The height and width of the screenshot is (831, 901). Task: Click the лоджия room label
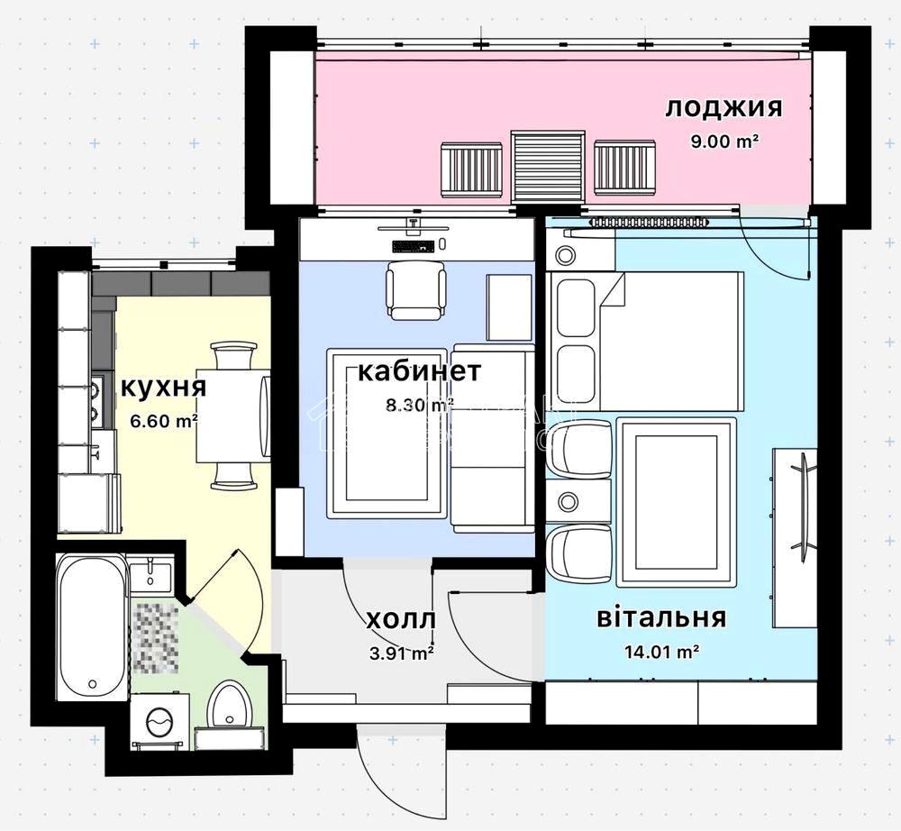(x=724, y=108)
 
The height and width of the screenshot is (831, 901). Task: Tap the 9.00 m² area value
(x=725, y=142)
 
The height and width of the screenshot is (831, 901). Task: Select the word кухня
(x=164, y=387)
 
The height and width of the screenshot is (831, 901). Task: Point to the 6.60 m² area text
(x=164, y=421)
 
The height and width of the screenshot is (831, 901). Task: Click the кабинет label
(x=419, y=372)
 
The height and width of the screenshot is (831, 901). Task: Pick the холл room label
(x=401, y=620)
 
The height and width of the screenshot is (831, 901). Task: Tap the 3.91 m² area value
(x=402, y=653)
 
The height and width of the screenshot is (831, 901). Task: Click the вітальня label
(x=661, y=617)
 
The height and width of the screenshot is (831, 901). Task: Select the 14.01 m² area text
(x=661, y=653)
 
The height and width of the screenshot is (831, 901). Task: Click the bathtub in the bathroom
(x=91, y=626)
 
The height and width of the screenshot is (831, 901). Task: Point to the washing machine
(x=159, y=721)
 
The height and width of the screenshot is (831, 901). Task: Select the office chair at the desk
(x=416, y=289)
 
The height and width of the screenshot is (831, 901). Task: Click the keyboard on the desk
(x=413, y=246)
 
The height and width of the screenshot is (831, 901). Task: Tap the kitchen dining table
(x=232, y=415)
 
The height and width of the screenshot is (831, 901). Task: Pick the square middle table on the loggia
(x=548, y=166)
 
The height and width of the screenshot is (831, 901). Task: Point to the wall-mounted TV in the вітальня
(x=804, y=499)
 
